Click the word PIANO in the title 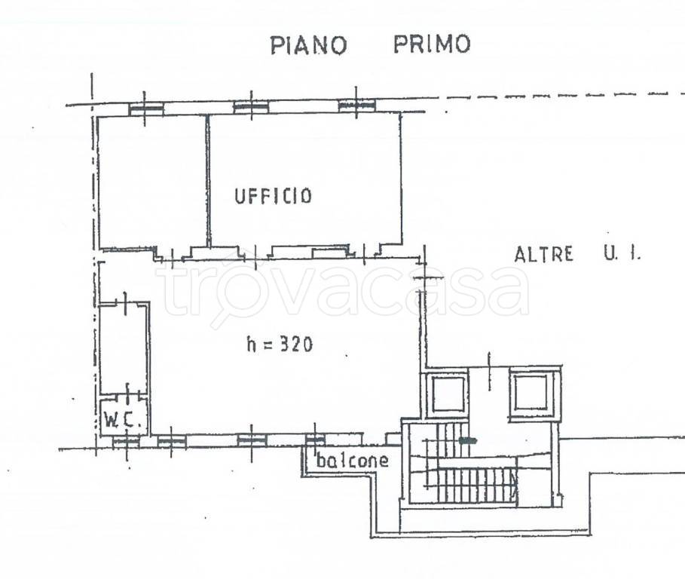point(308,44)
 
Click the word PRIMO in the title point(431,44)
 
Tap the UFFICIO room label point(272,196)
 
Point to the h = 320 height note point(280,345)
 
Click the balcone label point(352,461)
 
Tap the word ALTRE point(543,254)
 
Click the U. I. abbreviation point(621,254)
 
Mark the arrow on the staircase point(468,439)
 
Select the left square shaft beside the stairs point(447,394)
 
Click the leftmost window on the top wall point(146,109)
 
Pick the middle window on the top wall point(250,107)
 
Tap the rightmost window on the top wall point(356,106)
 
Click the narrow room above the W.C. point(123,347)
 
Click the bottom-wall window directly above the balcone point(315,439)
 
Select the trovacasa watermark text point(343,290)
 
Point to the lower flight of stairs point(475,482)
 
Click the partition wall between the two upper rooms point(207,181)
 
